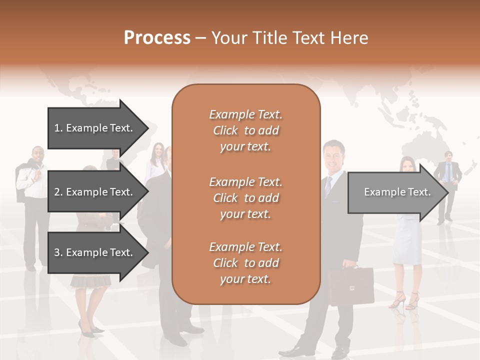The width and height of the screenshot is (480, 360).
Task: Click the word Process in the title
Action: coord(157,38)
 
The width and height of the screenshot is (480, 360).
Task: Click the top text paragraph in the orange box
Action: coord(245,130)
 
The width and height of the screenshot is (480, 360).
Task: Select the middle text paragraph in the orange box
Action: coord(245,197)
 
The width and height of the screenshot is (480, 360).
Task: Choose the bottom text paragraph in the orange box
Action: coord(245,263)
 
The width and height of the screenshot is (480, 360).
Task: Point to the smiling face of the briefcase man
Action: coord(332,155)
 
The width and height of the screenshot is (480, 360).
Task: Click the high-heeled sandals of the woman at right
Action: coord(405,300)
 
